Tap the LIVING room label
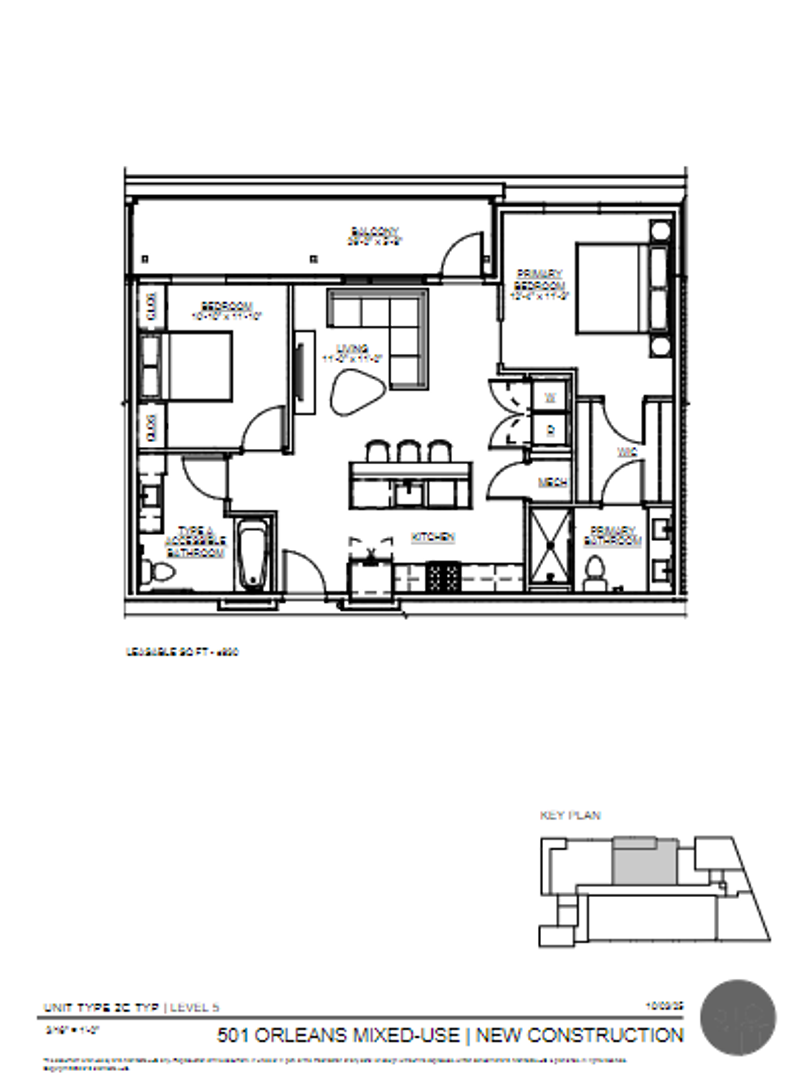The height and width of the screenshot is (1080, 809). (346, 350)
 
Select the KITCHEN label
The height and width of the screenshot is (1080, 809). (434, 537)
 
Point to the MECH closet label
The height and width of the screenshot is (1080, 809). (553, 482)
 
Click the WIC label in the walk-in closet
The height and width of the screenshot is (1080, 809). (627, 452)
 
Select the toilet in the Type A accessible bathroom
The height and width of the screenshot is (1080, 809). (157, 571)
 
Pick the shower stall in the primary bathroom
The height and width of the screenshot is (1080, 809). (550, 546)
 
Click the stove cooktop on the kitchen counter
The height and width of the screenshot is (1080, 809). (443, 577)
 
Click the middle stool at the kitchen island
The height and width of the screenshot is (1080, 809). (408, 452)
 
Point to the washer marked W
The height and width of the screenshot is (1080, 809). (549, 399)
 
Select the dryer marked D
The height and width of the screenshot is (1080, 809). (549, 430)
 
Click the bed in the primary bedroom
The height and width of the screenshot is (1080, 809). (608, 289)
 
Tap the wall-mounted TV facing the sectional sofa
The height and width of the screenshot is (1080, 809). (299, 374)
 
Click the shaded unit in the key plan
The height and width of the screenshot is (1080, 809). (643, 861)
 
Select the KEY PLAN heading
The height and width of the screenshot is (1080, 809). (570, 815)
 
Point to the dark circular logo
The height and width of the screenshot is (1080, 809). (738, 1018)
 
